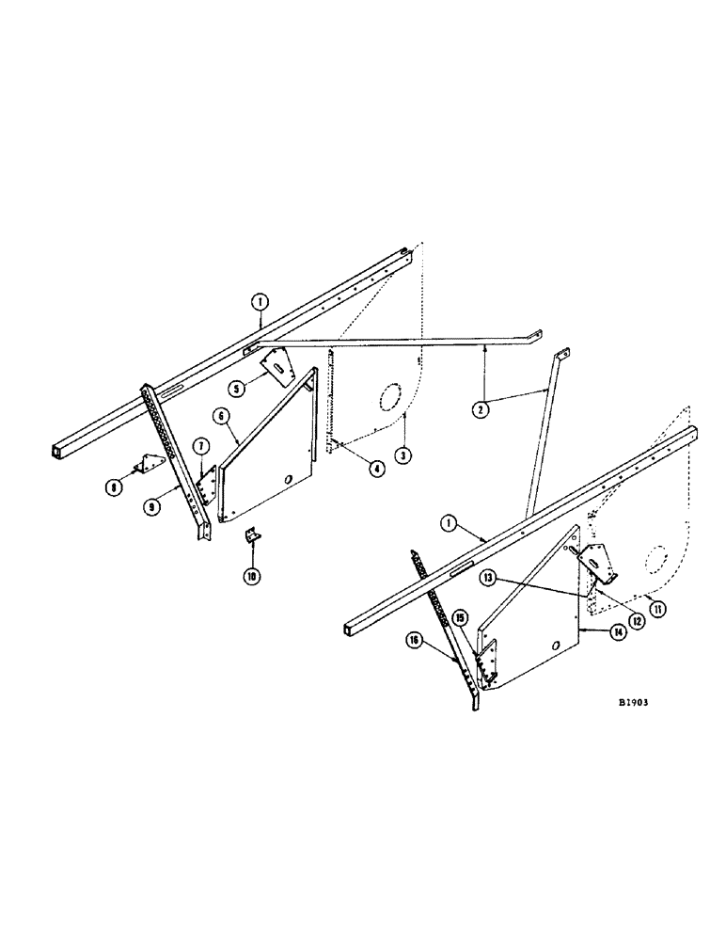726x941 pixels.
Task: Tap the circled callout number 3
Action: tap(403, 455)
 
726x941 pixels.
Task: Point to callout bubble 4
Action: tap(375, 468)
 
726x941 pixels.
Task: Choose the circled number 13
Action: tap(489, 576)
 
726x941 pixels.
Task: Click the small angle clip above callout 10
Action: tap(252, 536)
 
